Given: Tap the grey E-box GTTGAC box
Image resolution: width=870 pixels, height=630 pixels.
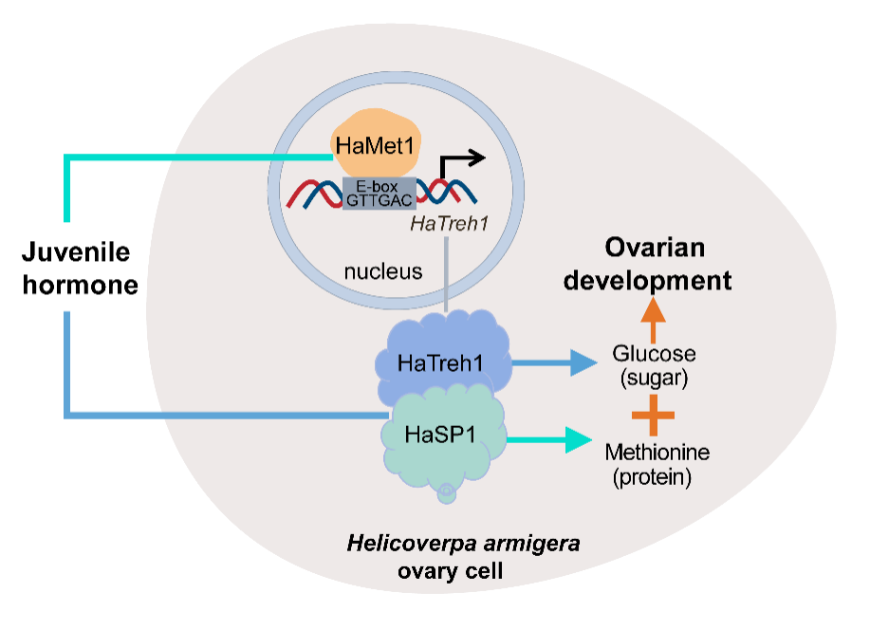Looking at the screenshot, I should [x=379, y=193].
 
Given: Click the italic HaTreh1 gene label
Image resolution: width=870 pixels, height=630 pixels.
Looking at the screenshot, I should [x=448, y=225].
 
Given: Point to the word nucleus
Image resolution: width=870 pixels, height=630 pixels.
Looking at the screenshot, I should [x=383, y=271].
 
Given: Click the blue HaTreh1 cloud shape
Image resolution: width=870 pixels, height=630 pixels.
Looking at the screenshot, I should [x=438, y=361].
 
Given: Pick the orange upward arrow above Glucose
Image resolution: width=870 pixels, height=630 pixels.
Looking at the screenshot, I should [x=652, y=318].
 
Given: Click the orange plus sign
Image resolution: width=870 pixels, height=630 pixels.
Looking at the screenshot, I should [x=653, y=415].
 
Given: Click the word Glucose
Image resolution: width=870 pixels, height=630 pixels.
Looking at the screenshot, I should [x=654, y=354].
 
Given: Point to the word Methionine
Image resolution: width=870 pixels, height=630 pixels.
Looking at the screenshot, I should [x=657, y=452].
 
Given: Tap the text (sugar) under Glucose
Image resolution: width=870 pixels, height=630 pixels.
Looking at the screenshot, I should [x=654, y=379].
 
